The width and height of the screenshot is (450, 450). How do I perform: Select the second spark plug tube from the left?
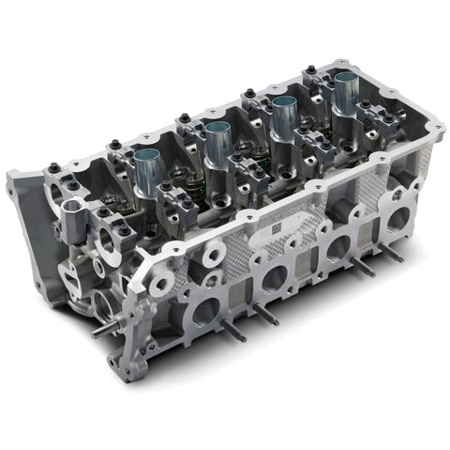pyautogui.click(x=217, y=140)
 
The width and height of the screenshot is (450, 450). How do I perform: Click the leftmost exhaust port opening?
pyautogui.click(x=204, y=311)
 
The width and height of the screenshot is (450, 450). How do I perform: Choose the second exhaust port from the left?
pyautogui.click(x=274, y=278)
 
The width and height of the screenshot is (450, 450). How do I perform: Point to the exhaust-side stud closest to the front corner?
pyautogui.click(x=228, y=328)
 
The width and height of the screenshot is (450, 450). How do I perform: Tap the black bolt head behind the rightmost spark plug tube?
pyautogui.click(x=310, y=70)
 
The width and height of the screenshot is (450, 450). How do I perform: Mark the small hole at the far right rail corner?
pyautogui.click(x=434, y=125)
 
